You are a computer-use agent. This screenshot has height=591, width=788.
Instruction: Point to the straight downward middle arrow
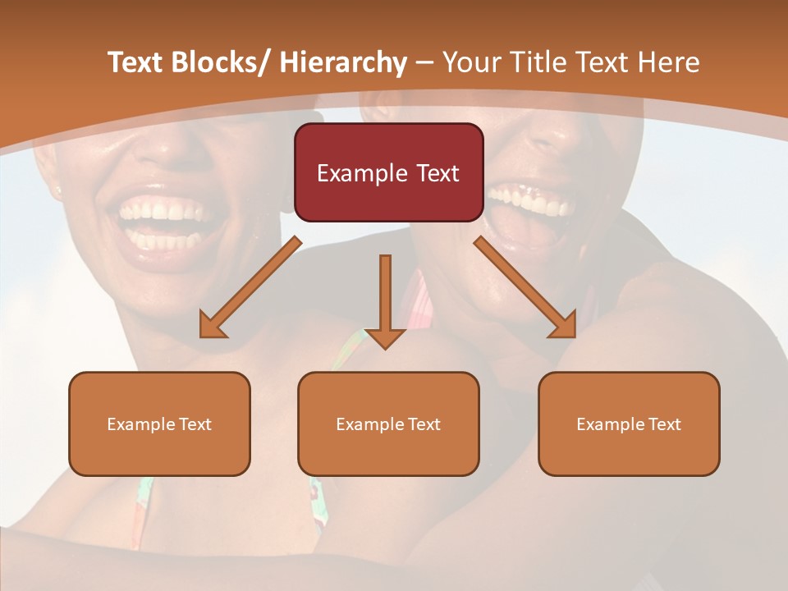tap(385, 291)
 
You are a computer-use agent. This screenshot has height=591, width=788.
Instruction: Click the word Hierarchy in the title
tap(342, 62)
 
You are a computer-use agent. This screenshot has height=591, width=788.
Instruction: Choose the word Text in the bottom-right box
tap(665, 424)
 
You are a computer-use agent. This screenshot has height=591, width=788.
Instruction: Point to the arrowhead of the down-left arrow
tap(211, 327)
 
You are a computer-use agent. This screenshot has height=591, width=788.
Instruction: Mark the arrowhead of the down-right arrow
tap(565, 326)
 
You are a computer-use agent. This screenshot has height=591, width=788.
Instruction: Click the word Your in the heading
tap(471, 62)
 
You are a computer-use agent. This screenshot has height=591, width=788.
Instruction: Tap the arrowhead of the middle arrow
tap(385, 338)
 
